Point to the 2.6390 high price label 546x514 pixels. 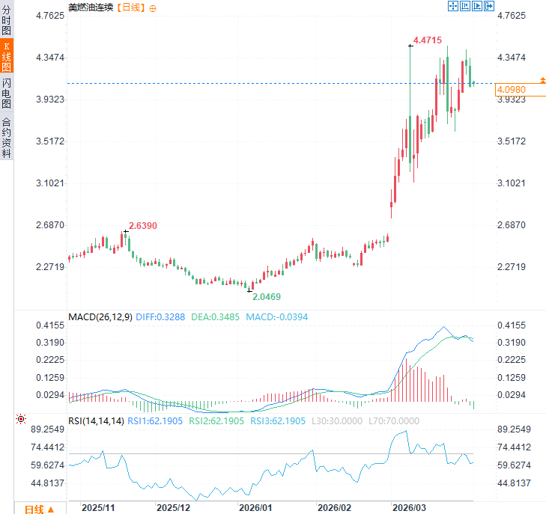pos(143,225)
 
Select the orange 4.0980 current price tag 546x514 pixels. pos(512,90)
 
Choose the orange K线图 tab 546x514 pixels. pos(7,57)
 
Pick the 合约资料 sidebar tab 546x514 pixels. pos(7,138)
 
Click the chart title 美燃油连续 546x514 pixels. pos(91,7)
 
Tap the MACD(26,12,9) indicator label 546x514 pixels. pos(100,316)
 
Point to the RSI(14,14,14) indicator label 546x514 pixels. pos(96,421)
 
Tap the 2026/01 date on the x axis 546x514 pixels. pos(255,507)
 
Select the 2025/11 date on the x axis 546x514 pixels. pos(97,507)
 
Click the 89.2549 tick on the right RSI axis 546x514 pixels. pos(514,429)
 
